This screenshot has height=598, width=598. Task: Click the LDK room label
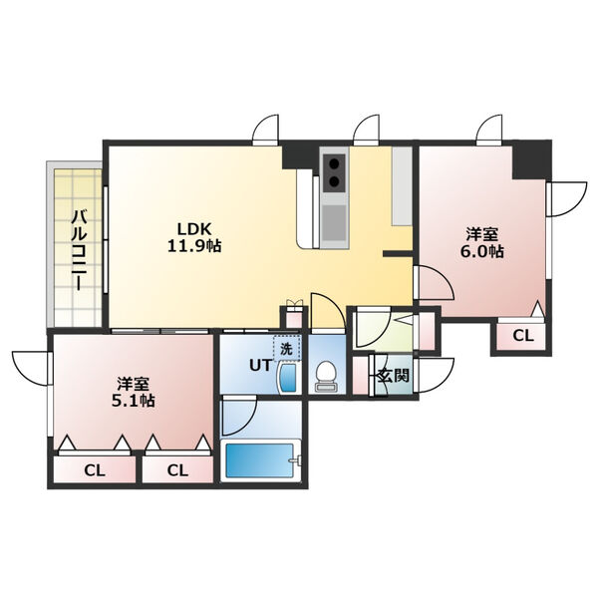click(194, 229)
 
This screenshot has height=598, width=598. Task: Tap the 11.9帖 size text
click(194, 246)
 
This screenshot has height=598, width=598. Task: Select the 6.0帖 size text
click(482, 252)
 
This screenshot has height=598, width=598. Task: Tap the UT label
click(260, 366)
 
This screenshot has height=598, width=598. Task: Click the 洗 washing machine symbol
click(286, 349)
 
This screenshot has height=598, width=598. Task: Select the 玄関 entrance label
click(394, 376)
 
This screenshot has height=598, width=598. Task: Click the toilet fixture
click(327, 377)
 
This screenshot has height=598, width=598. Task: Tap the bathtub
click(261, 460)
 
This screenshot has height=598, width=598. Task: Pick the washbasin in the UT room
click(288, 378)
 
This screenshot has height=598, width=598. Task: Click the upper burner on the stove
click(335, 163)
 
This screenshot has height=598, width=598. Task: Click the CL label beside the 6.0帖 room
click(522, 336)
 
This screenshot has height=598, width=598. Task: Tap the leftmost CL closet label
click(95, 470)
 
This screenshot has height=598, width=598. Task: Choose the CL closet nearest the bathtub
click(177, 470)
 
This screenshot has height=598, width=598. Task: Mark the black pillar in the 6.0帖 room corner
click(531, 159)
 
